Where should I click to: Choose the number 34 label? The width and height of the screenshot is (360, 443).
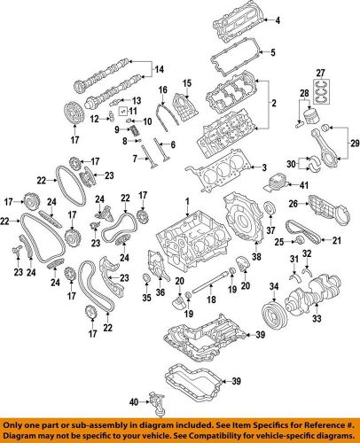click(275, 285)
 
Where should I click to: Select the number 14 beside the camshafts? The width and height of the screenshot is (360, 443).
click(160, 69)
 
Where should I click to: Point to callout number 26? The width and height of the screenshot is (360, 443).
click(292, 205)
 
